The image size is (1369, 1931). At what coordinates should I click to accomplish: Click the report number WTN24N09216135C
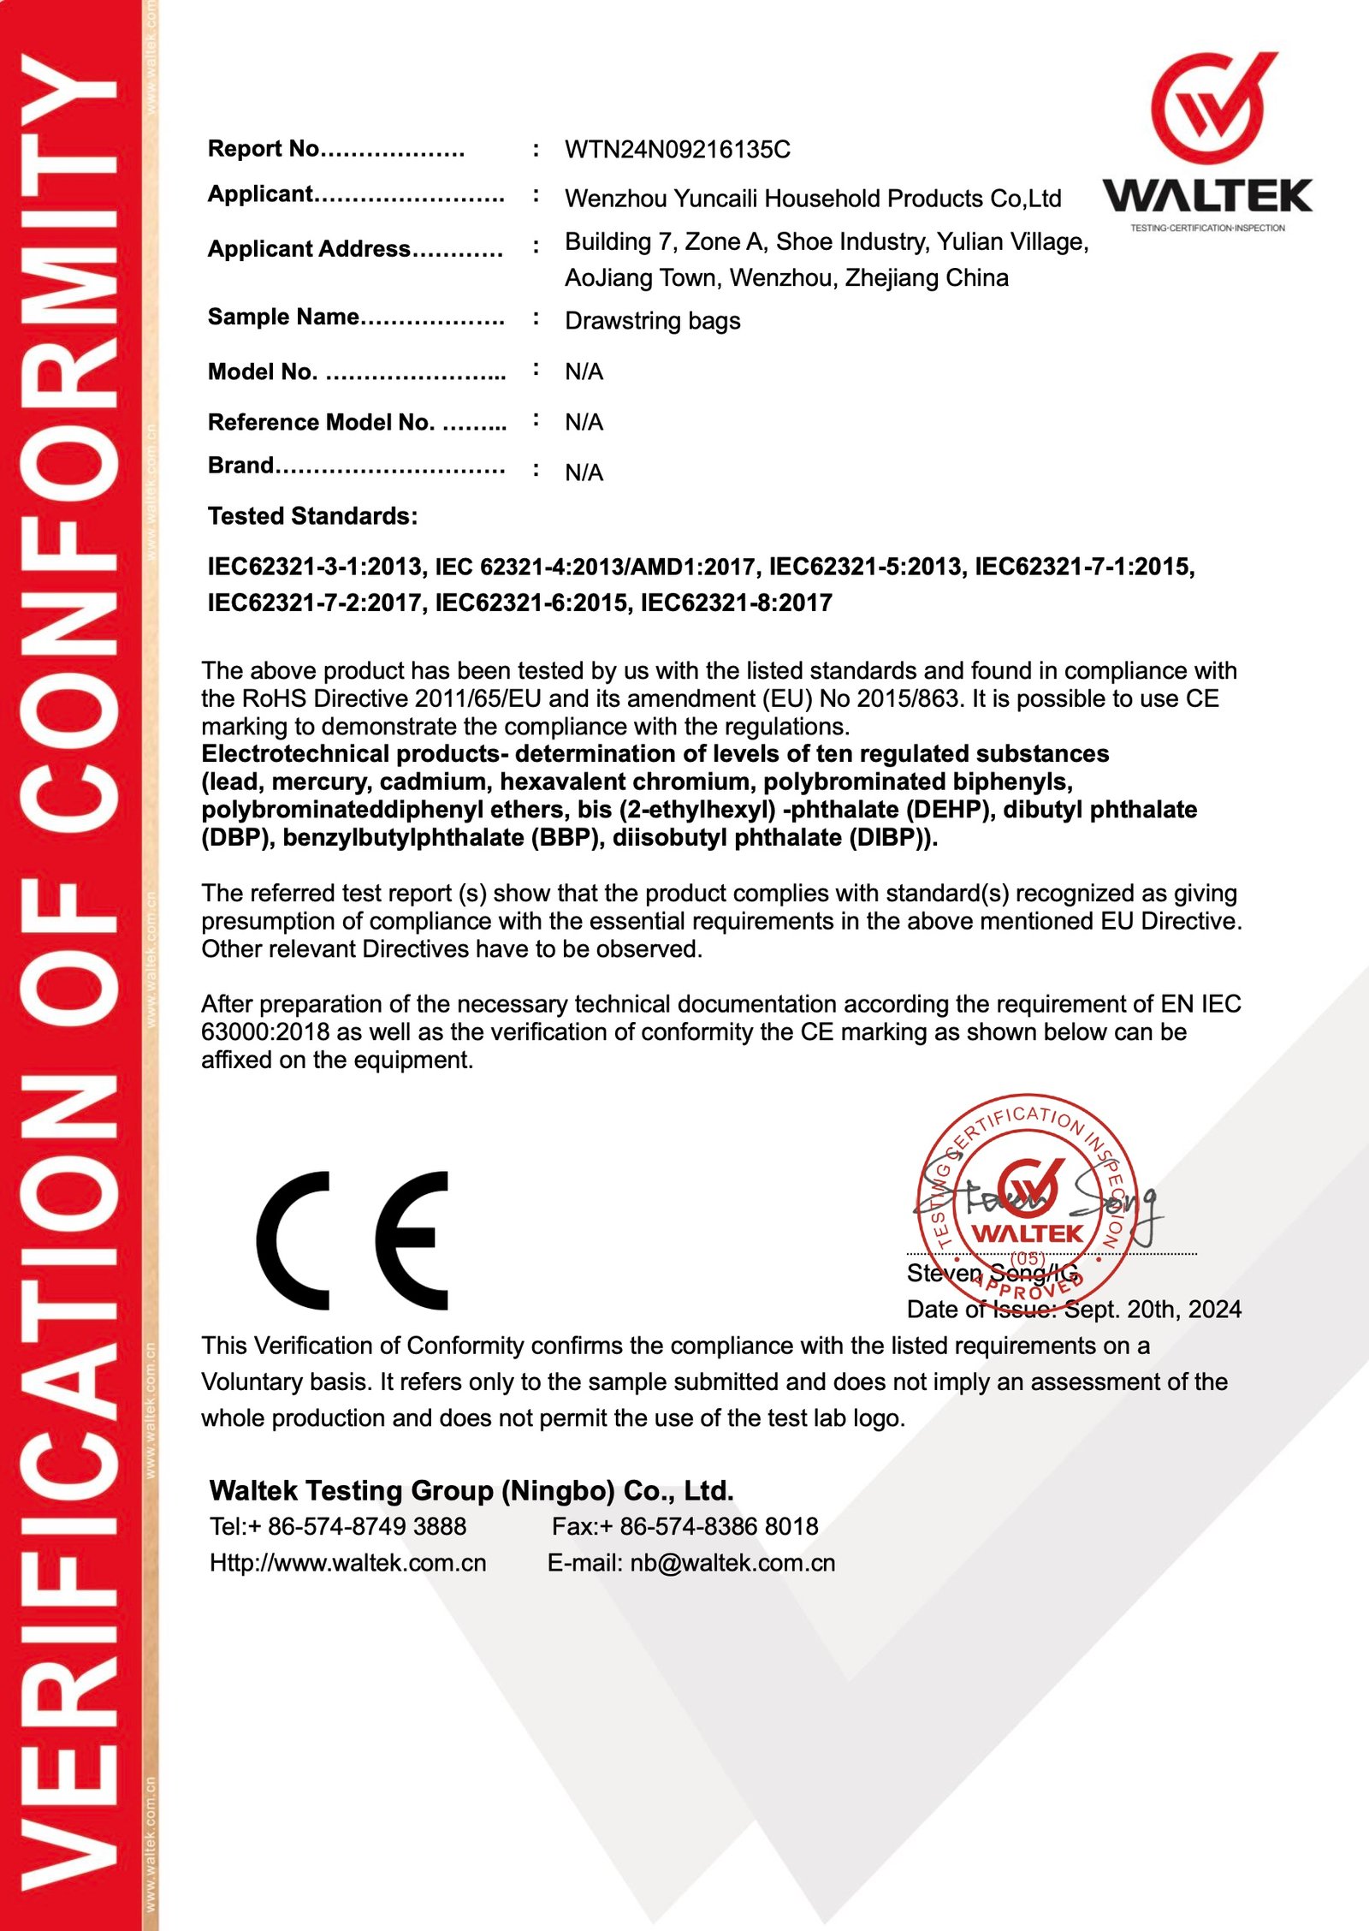677,150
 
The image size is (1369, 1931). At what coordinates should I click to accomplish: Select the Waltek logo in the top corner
1207,141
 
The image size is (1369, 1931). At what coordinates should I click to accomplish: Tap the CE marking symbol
353,1240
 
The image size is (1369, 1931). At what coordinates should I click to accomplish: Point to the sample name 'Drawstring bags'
652,321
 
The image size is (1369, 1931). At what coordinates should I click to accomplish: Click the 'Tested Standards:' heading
312,516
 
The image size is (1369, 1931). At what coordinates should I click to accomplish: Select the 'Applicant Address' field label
309,249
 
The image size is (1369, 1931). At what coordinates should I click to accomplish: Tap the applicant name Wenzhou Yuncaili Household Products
812,199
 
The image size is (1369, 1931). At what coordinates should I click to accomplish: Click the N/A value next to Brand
584,472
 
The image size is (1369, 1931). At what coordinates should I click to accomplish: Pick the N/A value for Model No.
584,371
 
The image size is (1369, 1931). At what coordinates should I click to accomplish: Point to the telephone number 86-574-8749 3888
366,1526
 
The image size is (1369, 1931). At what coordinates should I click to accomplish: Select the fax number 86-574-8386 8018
718,1526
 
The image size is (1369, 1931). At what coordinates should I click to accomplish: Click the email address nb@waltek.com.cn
732,1563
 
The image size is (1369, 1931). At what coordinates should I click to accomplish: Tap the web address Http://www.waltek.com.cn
347,1563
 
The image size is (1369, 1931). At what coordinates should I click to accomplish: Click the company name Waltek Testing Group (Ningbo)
471,1490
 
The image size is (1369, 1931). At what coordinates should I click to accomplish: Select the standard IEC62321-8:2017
736,603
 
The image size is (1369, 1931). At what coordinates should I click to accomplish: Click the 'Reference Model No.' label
321,422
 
